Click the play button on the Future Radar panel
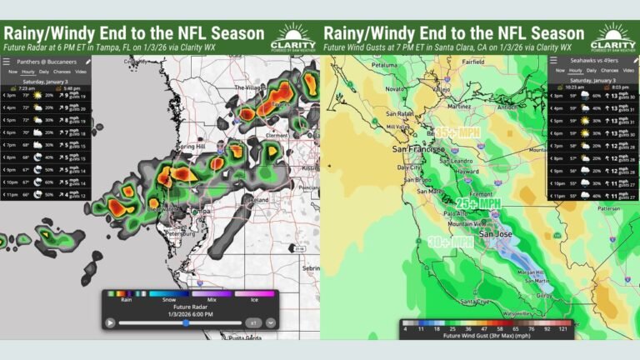pos(110,322)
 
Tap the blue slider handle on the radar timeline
pos(185,322)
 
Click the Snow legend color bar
pos(167,293)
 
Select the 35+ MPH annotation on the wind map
pos(456,131)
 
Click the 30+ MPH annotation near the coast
pos(450,242)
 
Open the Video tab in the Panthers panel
pos(82,72)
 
